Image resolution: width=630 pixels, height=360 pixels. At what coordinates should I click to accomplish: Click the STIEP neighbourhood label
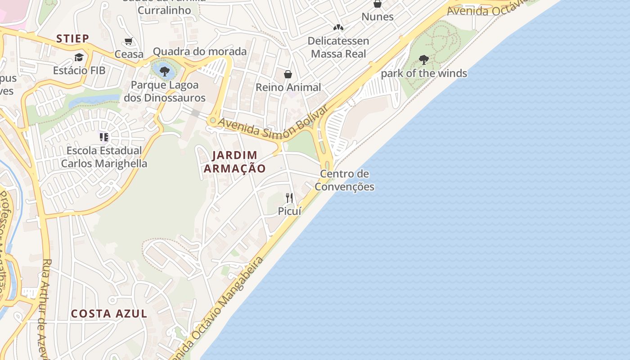73,39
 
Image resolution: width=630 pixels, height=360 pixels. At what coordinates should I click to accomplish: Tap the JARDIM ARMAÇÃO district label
234,162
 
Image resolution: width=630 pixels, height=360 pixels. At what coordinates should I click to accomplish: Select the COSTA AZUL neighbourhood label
109,314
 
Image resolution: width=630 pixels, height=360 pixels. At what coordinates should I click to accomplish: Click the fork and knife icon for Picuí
289,198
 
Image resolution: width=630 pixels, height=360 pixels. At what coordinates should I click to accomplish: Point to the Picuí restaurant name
289,211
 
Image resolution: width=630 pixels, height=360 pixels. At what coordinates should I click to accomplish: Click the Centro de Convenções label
345,180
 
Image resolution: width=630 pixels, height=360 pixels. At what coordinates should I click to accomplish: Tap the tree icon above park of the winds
423,59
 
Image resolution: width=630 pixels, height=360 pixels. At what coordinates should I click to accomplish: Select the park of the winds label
424,73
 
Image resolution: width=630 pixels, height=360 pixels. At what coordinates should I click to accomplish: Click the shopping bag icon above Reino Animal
288,74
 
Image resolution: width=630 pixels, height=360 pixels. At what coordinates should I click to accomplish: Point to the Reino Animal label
288,87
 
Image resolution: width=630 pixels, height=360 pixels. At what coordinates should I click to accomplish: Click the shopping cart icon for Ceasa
129,41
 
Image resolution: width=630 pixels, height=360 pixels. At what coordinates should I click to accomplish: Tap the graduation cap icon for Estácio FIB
79,57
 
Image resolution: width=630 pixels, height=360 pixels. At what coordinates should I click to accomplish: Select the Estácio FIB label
79,71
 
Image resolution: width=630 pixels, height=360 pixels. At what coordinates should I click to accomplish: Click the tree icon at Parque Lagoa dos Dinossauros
164,71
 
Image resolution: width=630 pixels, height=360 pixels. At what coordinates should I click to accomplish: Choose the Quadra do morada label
200,51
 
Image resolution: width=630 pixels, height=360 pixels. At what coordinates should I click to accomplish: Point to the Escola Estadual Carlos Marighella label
104,157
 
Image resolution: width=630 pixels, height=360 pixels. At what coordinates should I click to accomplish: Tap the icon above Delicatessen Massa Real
338,27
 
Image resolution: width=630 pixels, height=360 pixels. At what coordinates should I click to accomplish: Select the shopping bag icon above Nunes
378,4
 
